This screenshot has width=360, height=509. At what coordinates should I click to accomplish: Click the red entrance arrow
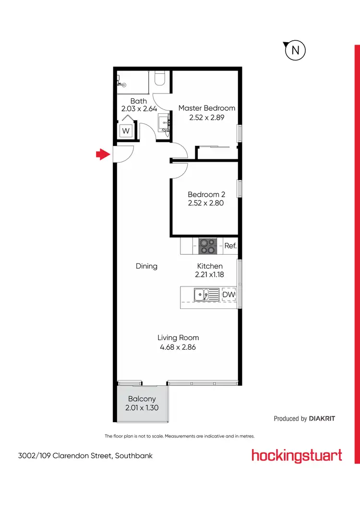coord(101,154)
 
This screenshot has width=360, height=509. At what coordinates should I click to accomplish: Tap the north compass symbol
coord(295,50)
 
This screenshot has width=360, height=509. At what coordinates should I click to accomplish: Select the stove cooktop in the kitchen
coord(207,246)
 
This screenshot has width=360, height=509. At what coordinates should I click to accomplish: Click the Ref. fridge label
coord(230,246)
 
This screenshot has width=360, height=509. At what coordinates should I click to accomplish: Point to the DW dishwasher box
coord(228,294)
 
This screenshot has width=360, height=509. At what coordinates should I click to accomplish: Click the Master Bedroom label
coord(207,108)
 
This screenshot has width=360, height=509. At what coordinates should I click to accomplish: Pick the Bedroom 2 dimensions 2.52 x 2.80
coord(206,203)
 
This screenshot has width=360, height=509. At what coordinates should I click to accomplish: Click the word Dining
coord(146,266)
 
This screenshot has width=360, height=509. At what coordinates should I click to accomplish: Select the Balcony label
coord(142,399)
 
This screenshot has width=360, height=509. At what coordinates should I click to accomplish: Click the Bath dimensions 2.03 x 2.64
coord(139,109)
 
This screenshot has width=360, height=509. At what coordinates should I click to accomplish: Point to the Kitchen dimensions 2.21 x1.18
coord(210,275)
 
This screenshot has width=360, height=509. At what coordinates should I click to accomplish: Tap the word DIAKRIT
coord(322,418)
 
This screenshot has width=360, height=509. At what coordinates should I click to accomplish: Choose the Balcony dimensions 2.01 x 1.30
coord(142,408)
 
